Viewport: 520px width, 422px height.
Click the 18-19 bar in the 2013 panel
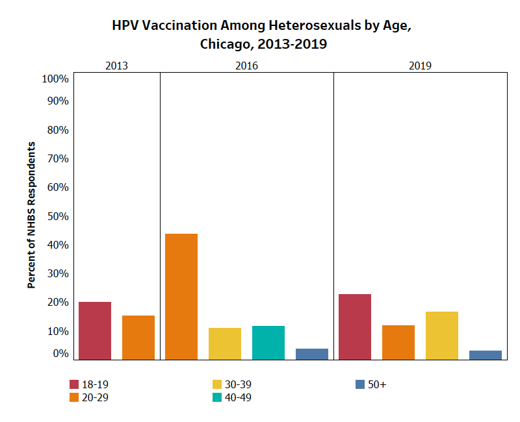click(x=95, y=330)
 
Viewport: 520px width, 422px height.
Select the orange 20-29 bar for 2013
click(x=138, y=338)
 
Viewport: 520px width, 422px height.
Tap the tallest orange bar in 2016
click(x=181, y=297)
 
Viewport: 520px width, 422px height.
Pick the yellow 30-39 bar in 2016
click(x=225, y=344)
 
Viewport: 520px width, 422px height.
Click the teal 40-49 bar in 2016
click(x=268, y=343)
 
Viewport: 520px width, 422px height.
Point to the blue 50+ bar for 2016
click(x=312, y=354)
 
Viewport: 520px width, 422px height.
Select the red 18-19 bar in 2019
click(x=355, y=327)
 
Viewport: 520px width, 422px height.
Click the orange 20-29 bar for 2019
click(x=398, y=343)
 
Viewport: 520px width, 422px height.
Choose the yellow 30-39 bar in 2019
click(x=442, y=336)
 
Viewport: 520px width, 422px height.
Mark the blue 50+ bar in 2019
click(x=486, y=355)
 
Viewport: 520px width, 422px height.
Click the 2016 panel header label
click(x=246, y=66)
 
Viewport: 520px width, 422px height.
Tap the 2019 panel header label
click(x=420, y=66)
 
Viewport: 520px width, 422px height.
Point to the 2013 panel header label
click(x=116, y=66)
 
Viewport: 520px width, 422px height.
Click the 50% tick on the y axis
click(x=58, y=216)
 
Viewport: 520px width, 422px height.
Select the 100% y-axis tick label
click(x=55, y=79)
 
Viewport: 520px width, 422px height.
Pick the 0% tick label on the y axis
click(x=60, y=353)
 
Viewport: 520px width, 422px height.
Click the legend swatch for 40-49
click(x=217, y=397)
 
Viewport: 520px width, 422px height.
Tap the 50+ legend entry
click(x=370, y=384)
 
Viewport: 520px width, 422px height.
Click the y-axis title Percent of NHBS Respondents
click(x=31, y=215)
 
